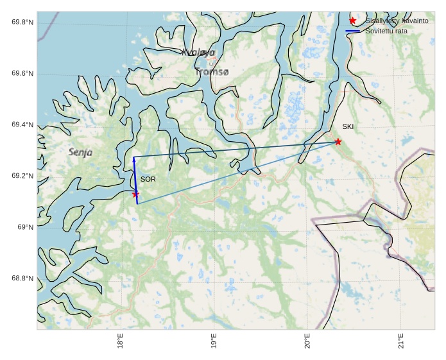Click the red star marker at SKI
(338, 142)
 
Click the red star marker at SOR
(135, 194)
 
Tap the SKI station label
(347, 127)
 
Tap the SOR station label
(148, 179)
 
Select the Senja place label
(80, 153)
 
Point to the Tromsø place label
(212, 73)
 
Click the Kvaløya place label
(198, 53)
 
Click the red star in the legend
(352, 21)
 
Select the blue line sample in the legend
(352, 31)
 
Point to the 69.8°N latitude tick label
(22, 22)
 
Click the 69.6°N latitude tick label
(22, 74)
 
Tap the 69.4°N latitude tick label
(22, 124)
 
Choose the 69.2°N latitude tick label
(22, 176)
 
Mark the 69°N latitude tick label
(25, 227)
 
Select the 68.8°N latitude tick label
(22, 279)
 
